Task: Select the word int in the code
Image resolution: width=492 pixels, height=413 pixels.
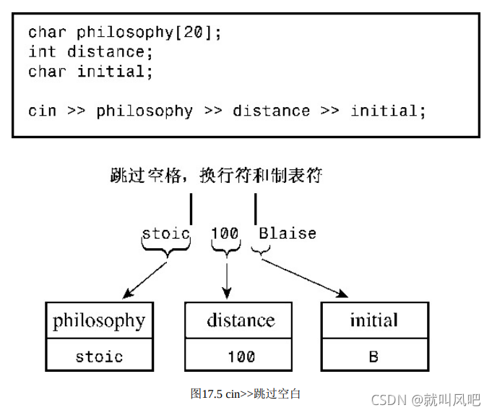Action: tap(43, 51)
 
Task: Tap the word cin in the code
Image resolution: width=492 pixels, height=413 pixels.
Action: tap(43, 111)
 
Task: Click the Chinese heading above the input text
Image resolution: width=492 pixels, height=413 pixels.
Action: tap(216, 175)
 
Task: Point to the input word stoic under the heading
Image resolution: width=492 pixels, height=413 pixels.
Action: tap(166, 233)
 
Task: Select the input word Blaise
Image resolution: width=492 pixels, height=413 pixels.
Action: tap(288, 233)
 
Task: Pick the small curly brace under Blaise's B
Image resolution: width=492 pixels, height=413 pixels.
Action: tap(260, 251)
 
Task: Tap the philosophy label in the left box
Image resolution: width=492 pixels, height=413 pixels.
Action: tap(99, 320)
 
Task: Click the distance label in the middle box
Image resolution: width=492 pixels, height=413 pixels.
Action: tap(241, 320)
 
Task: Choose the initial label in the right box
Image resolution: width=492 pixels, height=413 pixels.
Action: tap(374, 320)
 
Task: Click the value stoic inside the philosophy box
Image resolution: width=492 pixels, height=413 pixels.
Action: tap(99, 356)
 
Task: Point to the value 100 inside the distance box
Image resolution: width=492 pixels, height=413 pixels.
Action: tap(241, 356)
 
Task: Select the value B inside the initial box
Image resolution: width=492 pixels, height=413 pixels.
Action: tap(374, 356)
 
